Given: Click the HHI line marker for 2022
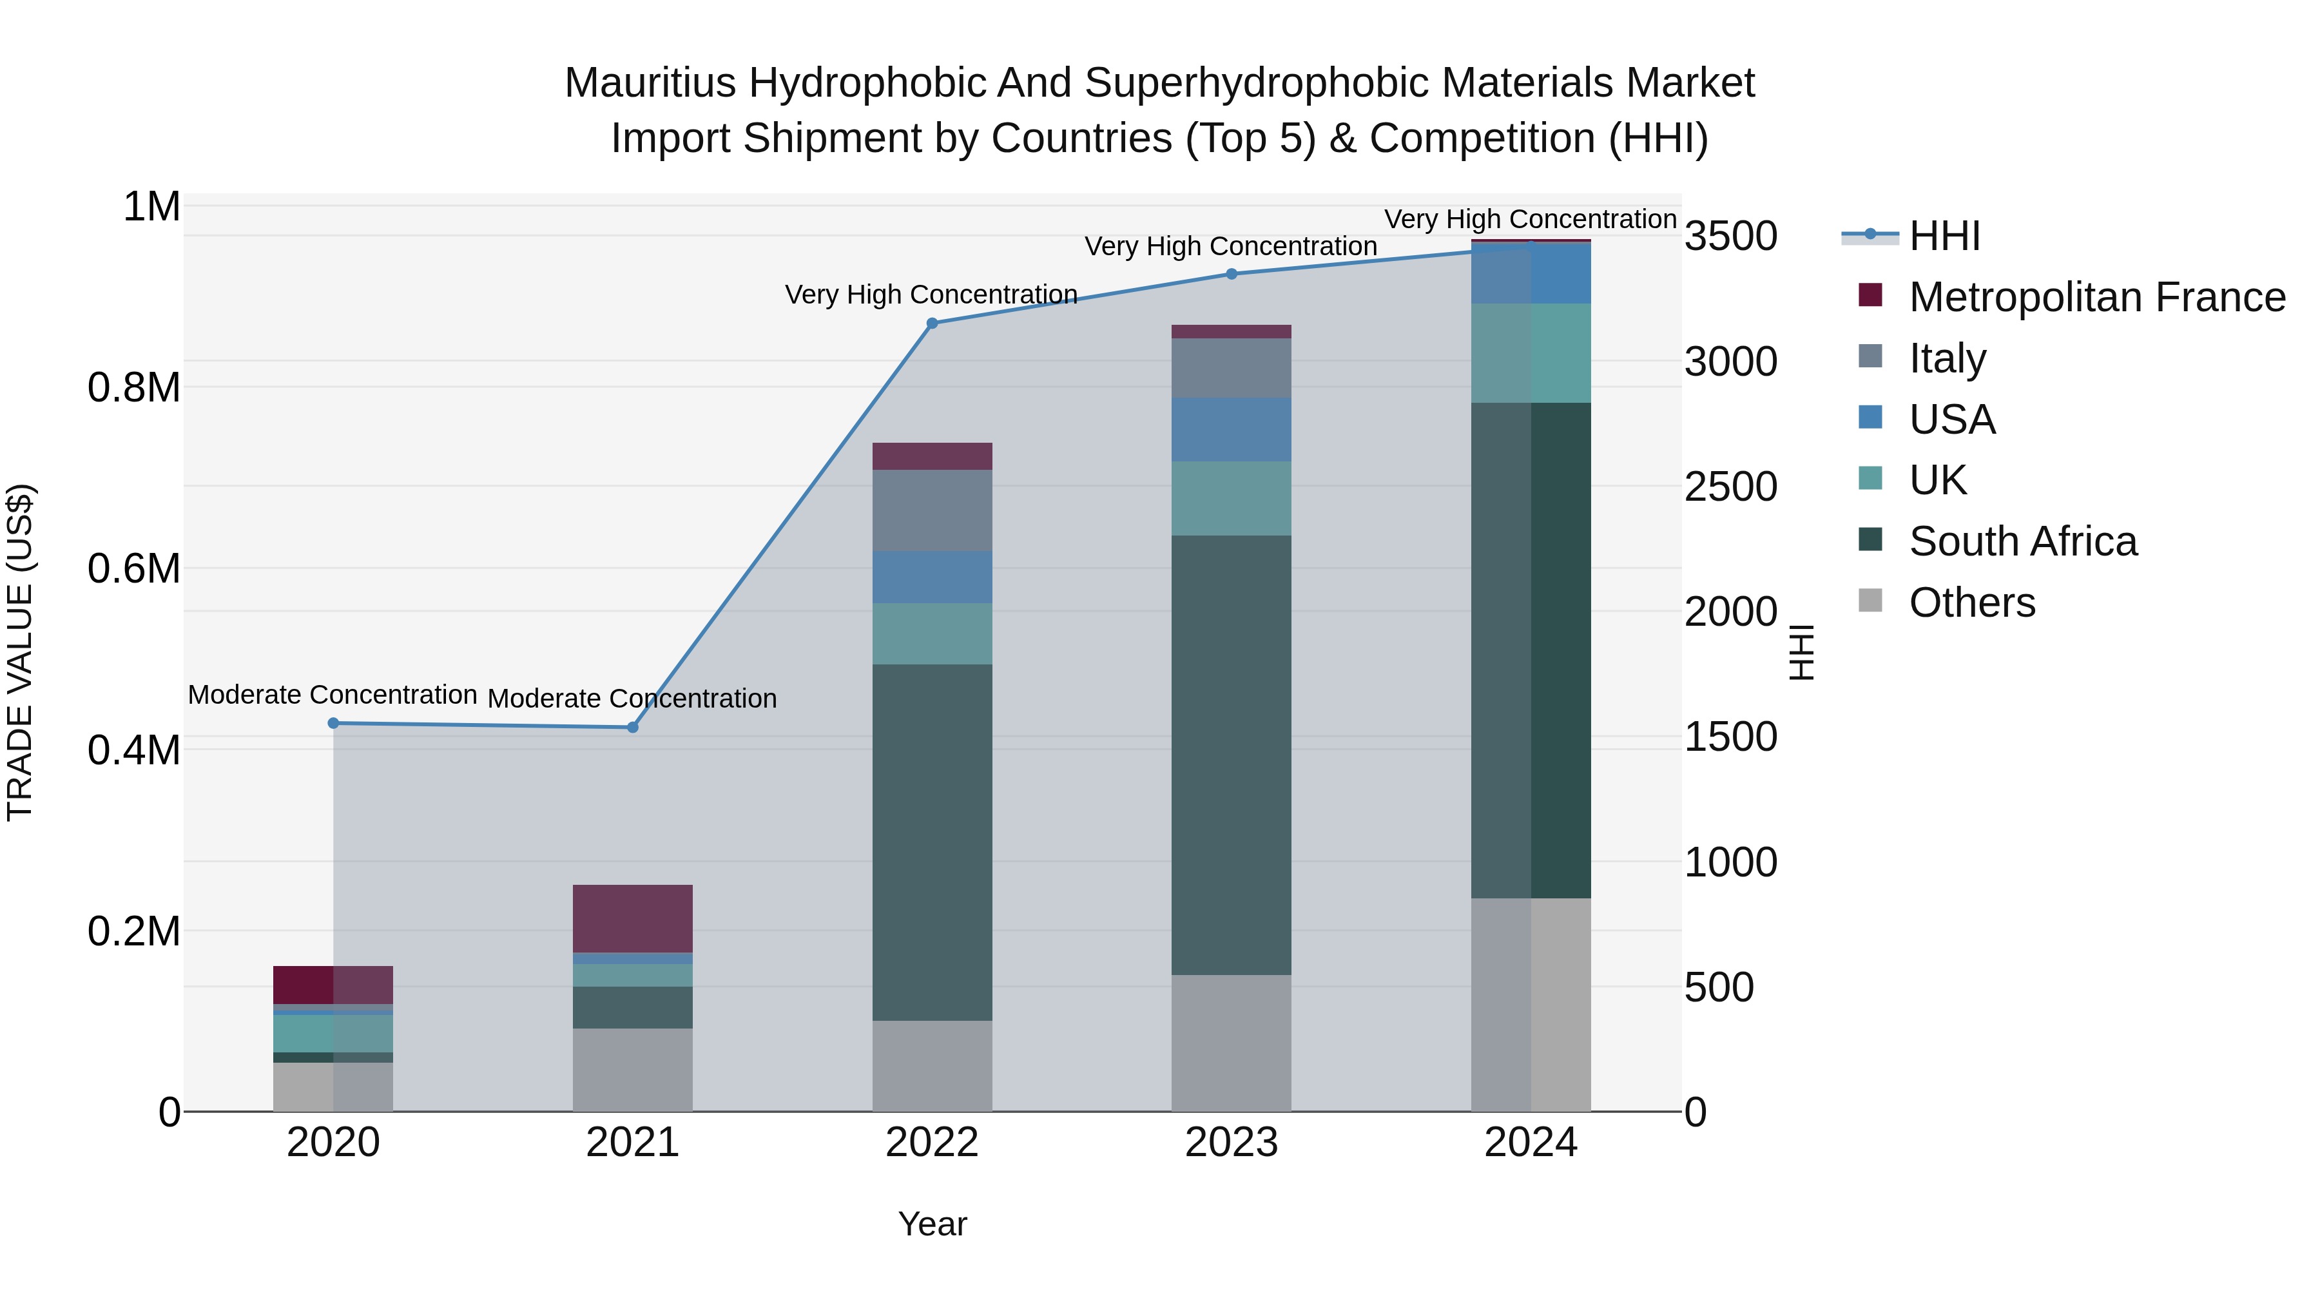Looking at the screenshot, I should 932,324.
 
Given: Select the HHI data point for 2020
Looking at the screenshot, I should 333,723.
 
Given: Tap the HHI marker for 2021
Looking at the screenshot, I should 632,728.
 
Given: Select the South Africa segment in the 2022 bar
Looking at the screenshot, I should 932,842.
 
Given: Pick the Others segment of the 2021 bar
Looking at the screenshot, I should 632,1070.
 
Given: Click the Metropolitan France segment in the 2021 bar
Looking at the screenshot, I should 632,918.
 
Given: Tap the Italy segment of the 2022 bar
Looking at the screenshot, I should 932,510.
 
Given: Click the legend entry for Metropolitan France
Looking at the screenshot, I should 2096,297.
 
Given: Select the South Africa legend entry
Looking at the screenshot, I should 2023,541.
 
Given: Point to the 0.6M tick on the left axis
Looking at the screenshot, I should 134,569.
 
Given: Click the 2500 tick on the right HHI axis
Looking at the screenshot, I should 1731,487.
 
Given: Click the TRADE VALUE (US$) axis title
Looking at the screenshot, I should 20,652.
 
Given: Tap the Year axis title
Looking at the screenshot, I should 932,1224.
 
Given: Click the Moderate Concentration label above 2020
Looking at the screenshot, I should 333,695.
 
